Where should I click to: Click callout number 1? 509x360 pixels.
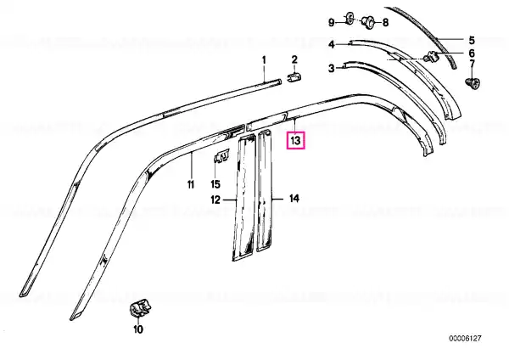264,60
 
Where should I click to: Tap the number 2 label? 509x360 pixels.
294,59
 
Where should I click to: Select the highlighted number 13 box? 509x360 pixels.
295,140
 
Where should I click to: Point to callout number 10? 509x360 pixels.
138,329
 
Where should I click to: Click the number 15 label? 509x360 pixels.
215,184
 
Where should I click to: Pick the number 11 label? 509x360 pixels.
191,184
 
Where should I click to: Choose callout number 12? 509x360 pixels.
215,200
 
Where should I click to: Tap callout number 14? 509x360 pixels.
294,198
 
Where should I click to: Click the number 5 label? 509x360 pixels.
472,40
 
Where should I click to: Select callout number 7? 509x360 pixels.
472,64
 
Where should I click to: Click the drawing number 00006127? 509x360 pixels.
465,338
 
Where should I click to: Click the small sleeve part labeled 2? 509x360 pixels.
294,78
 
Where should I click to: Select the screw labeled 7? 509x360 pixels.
473,83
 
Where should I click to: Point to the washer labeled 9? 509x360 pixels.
350,19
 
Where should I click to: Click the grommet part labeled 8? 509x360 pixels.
368,21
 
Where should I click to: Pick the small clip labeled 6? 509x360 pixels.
432,57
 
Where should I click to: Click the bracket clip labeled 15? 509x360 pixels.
221,155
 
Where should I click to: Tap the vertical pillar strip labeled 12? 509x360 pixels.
243,198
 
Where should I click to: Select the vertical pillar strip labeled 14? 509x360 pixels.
264,191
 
